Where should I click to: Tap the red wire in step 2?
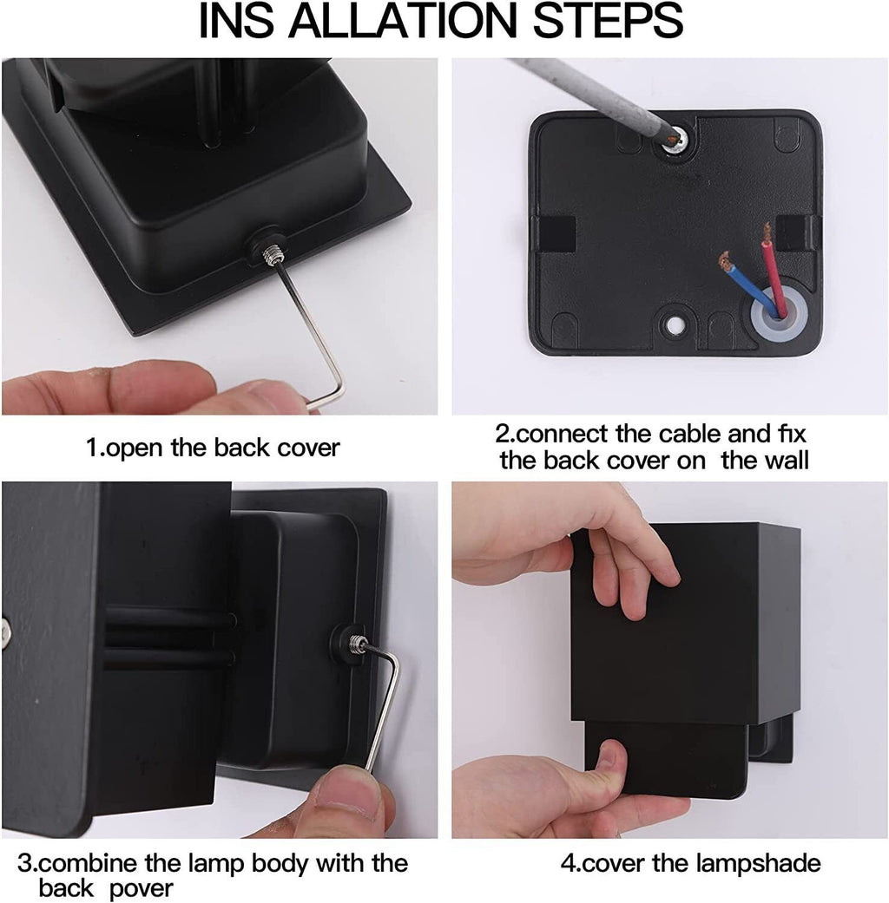(x=773, y=270)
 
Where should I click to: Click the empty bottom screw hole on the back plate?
(x=672, y=325)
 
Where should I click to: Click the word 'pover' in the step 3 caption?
(x=142, y=887)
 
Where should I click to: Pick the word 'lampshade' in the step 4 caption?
(x=758, y=863)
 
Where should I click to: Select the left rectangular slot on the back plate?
(x=557, y=234)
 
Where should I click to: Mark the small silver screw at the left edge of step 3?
(x=5, y=633)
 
